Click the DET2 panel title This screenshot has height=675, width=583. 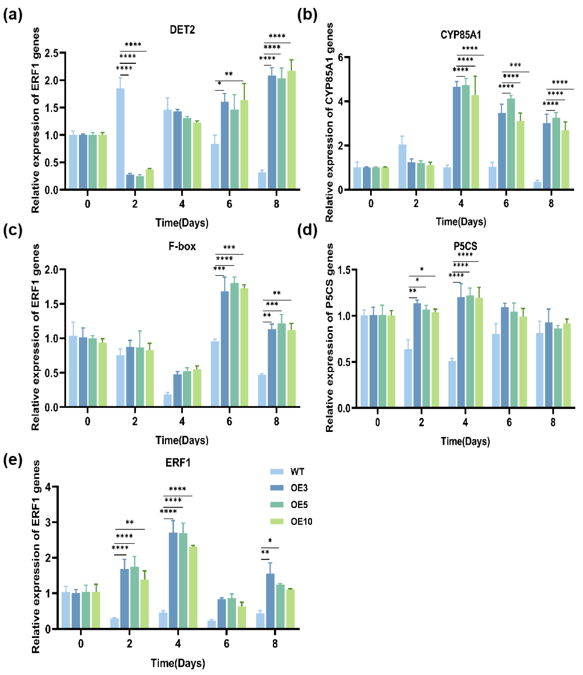182,30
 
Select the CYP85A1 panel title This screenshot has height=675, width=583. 461,35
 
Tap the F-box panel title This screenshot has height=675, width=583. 182,246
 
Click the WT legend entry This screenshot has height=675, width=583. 297,472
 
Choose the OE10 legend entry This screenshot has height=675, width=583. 301,522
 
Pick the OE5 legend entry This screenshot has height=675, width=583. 299,505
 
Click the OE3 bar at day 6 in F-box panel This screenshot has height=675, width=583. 225,349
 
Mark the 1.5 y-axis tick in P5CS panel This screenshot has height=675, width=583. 345,270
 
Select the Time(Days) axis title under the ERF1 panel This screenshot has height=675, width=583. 178,663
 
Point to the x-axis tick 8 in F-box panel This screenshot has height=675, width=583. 276,422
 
